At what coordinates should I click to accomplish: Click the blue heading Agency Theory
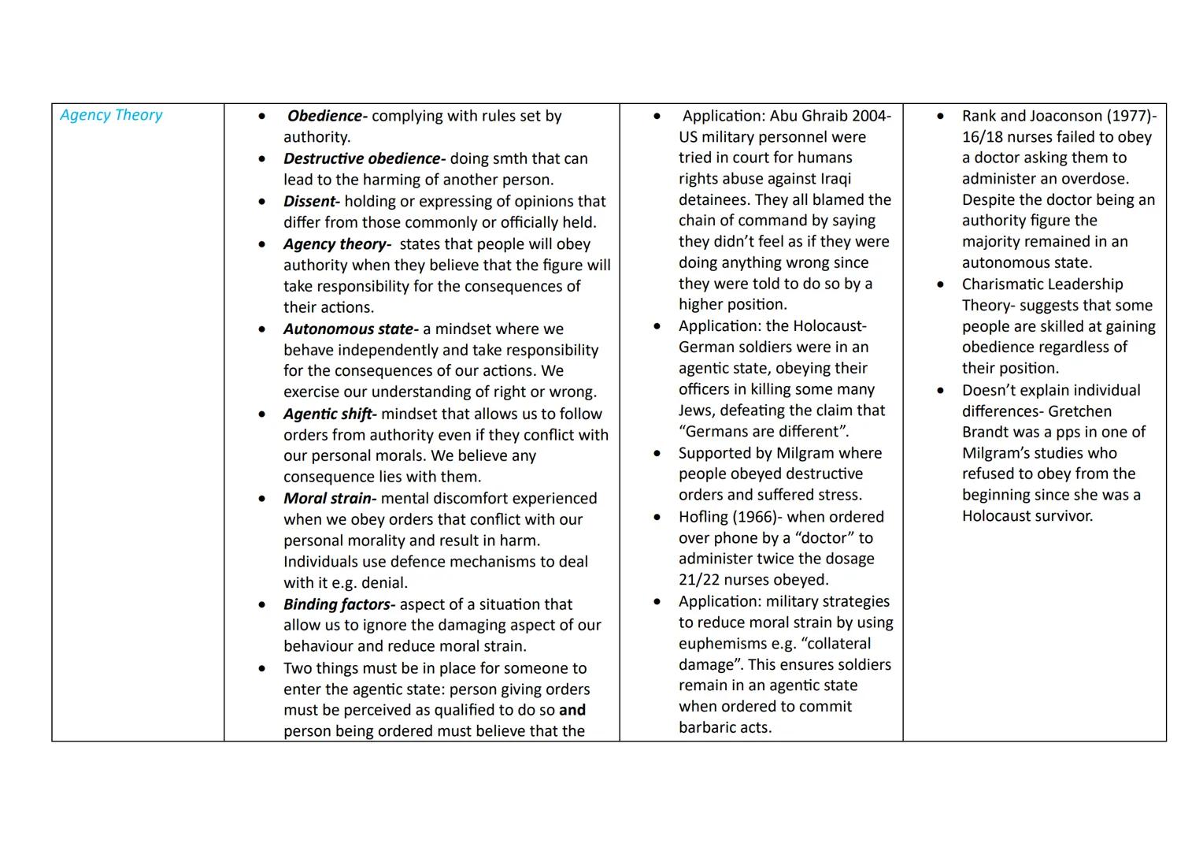click(x=111, y=115)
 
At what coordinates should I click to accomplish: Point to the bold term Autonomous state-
click(x=350, y=329)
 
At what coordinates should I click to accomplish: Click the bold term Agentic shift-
click(x=330, y=414)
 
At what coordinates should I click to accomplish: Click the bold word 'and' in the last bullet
click(x=572, y=710)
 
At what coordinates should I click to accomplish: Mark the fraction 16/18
click(x=986, y=137)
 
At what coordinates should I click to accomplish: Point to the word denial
click(x=383, y=583)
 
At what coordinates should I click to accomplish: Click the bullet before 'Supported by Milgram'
click(x=657, y=454)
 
